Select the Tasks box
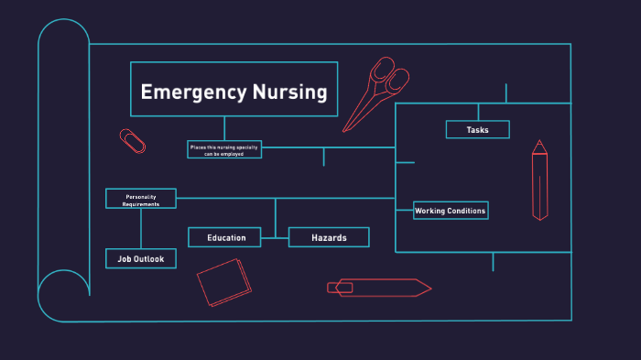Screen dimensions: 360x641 477,130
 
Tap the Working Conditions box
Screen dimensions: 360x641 450,211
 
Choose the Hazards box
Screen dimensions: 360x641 329,238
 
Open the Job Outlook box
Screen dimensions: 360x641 140,259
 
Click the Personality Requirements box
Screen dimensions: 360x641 141,199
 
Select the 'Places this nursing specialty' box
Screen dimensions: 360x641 224,149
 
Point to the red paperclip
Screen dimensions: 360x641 133,140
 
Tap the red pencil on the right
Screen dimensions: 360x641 540,183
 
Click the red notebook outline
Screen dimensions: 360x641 223,281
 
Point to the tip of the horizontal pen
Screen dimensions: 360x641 429,288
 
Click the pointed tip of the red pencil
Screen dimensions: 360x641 540,143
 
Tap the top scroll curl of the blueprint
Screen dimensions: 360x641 63,41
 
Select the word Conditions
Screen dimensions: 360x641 466,211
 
